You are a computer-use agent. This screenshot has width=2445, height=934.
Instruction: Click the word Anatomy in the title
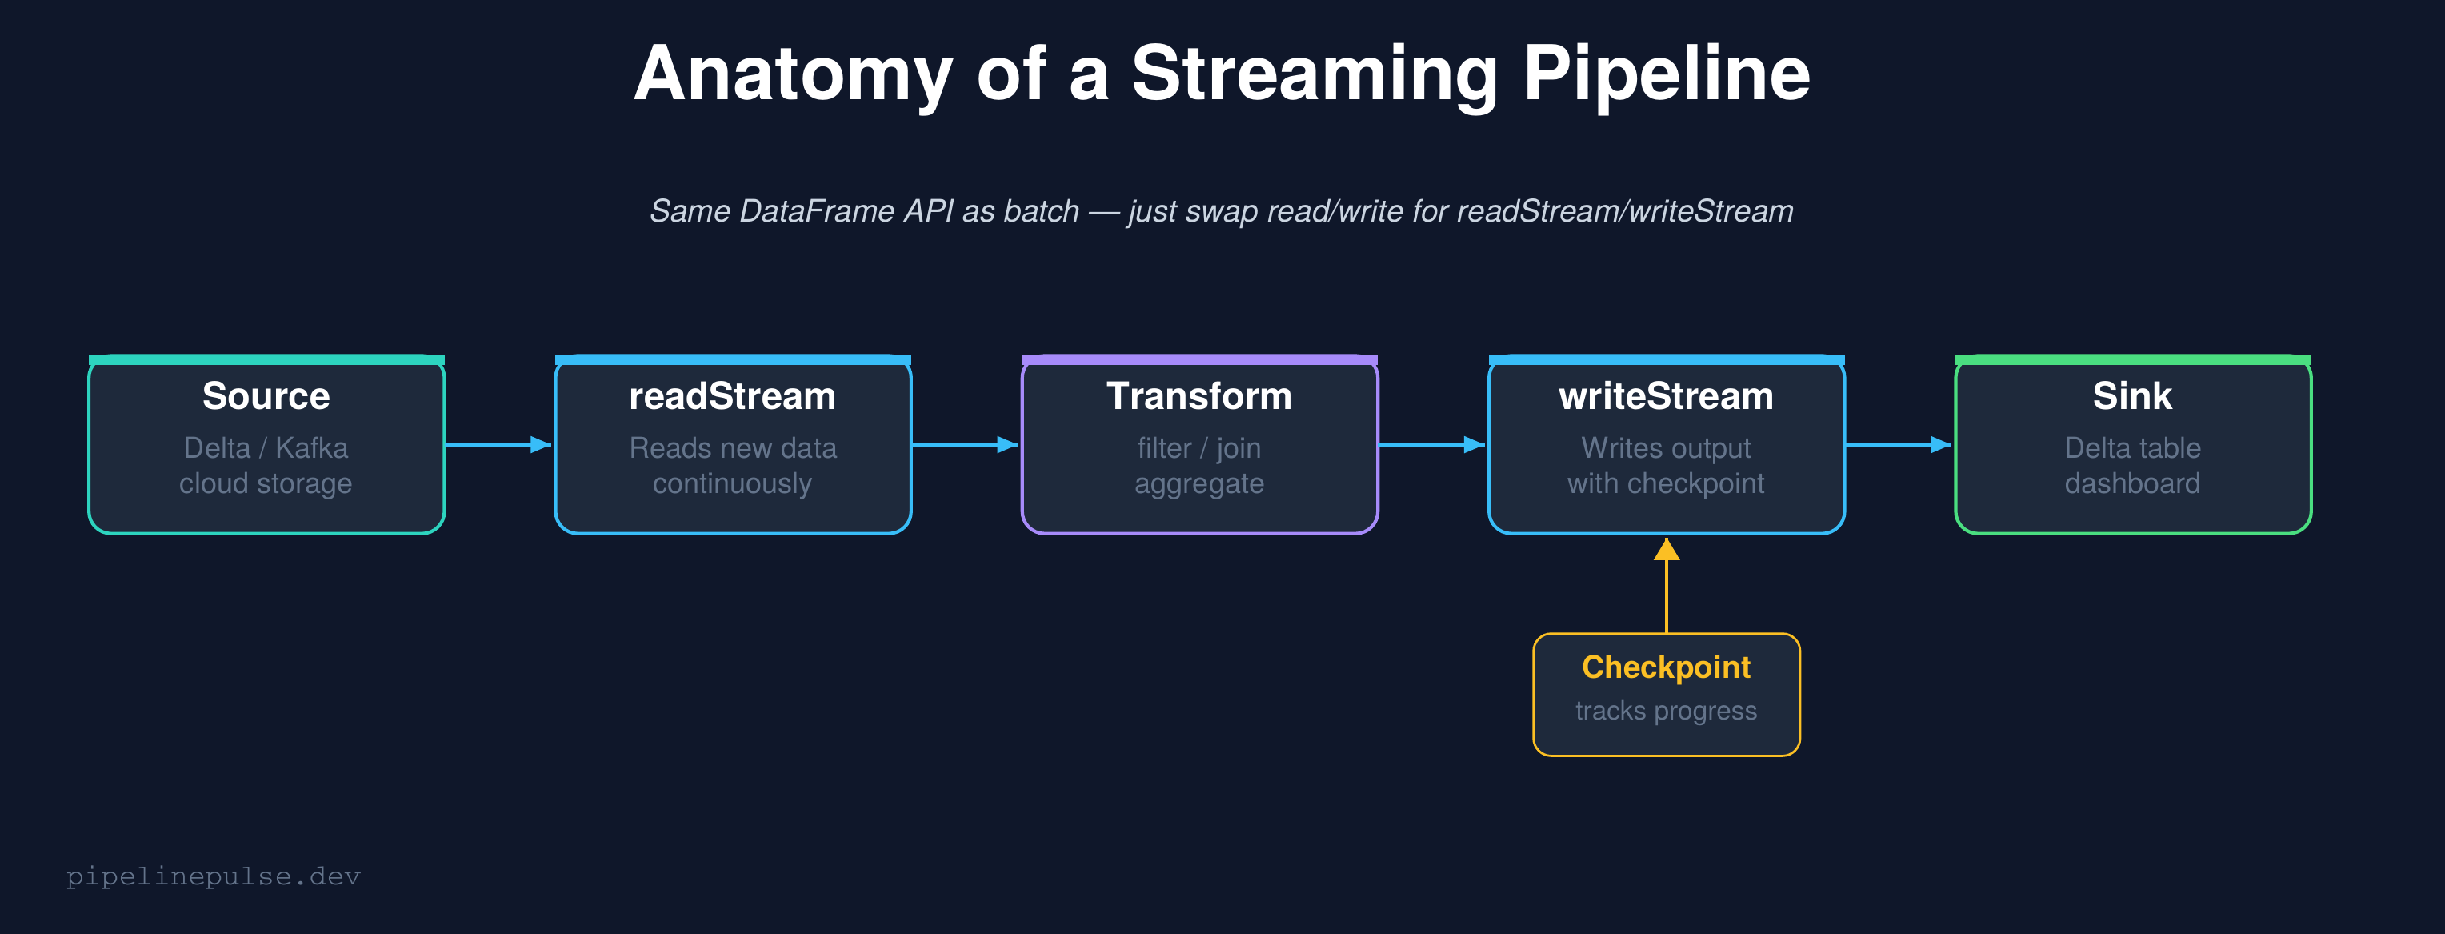pyautogui.click(x=793, y=76)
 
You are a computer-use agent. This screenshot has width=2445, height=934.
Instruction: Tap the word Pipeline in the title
pyautogui.click(x=1666, y=76)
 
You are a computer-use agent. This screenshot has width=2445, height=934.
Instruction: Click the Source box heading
pyautogui.click(x=266, y=396)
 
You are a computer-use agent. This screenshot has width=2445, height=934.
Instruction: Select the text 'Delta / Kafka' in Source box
pyautogui.click(x=266, y=447)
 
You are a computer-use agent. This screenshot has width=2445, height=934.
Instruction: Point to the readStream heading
pyautogui.click(x=732, y=396)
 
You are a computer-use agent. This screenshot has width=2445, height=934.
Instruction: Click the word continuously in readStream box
pyautogui.click(x=732, y=483)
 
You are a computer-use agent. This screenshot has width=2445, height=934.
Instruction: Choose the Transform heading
pyautogui.click(x=1198, y=396)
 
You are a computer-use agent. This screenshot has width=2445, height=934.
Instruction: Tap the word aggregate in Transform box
pyautogui.click(x=1198, y=483)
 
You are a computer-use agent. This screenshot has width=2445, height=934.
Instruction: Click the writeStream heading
pyautogui.click(x=1666, y=396)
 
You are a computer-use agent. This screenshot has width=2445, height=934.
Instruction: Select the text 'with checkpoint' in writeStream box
pyautogui.click(x=1666, y=483)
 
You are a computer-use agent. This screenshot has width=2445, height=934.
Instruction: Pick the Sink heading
pyautogui.click(x=2132, y=396)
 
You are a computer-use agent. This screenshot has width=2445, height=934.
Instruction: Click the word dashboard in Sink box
pyautogui.click(x=2132, y=483)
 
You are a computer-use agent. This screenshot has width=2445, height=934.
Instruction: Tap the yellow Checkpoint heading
pyautogui.click(x=1666, y=667)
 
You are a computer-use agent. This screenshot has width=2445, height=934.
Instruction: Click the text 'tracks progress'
pyautogui.click(x=1666, y=710)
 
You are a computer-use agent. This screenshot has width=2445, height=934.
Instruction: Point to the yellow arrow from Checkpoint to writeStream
pyautogui.click(x=1667, y=588)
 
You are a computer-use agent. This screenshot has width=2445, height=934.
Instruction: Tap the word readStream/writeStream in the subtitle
pyautogui.click(x=1624, y=210)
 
